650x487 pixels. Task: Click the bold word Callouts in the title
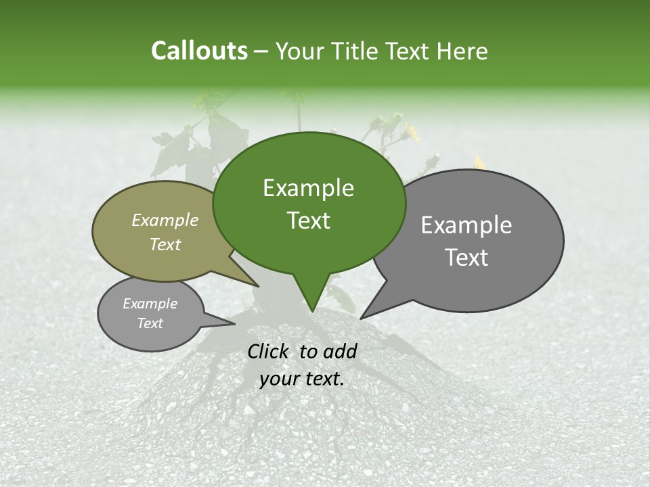[199, 51]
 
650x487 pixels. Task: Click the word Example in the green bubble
[308, 188]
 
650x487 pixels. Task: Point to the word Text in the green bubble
[308, 221]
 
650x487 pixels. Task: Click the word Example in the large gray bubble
[467, 225]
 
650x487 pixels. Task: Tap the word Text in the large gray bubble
[467, 258]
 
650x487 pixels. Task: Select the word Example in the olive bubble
[165, 220]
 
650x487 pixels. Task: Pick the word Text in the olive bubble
[165, 244]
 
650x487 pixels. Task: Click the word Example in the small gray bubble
[150, 304]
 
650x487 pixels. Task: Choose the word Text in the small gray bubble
[150, 323]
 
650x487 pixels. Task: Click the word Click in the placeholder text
[269, 351]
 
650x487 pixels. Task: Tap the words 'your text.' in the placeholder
[302, 379]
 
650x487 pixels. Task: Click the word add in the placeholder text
[340, 351]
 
